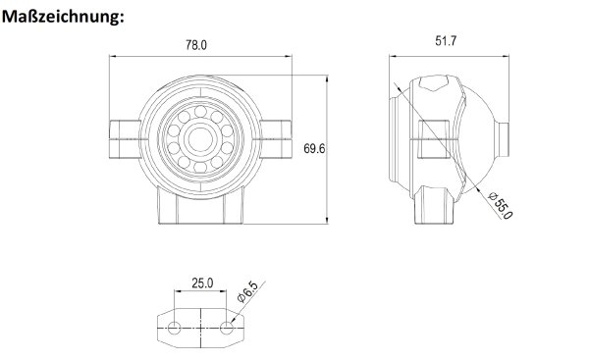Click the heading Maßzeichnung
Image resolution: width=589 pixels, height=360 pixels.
tap(63, 17)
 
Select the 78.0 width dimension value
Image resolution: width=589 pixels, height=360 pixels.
tap(196, 45)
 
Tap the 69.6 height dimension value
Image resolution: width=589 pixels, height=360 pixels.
tap(314, 149)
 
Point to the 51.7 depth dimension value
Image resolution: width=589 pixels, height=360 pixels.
tap(446, 40)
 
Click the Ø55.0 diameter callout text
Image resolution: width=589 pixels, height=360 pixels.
tap(501, 205)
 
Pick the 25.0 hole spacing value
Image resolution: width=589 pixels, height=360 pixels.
tap(202, 283)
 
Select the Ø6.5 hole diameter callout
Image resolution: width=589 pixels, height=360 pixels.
tap(248, 291)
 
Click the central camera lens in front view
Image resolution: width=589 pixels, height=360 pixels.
tap(200, 139)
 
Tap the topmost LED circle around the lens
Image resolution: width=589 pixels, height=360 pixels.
tap(200, 112)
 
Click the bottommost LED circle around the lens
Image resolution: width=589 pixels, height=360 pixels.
tap(200, 167)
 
